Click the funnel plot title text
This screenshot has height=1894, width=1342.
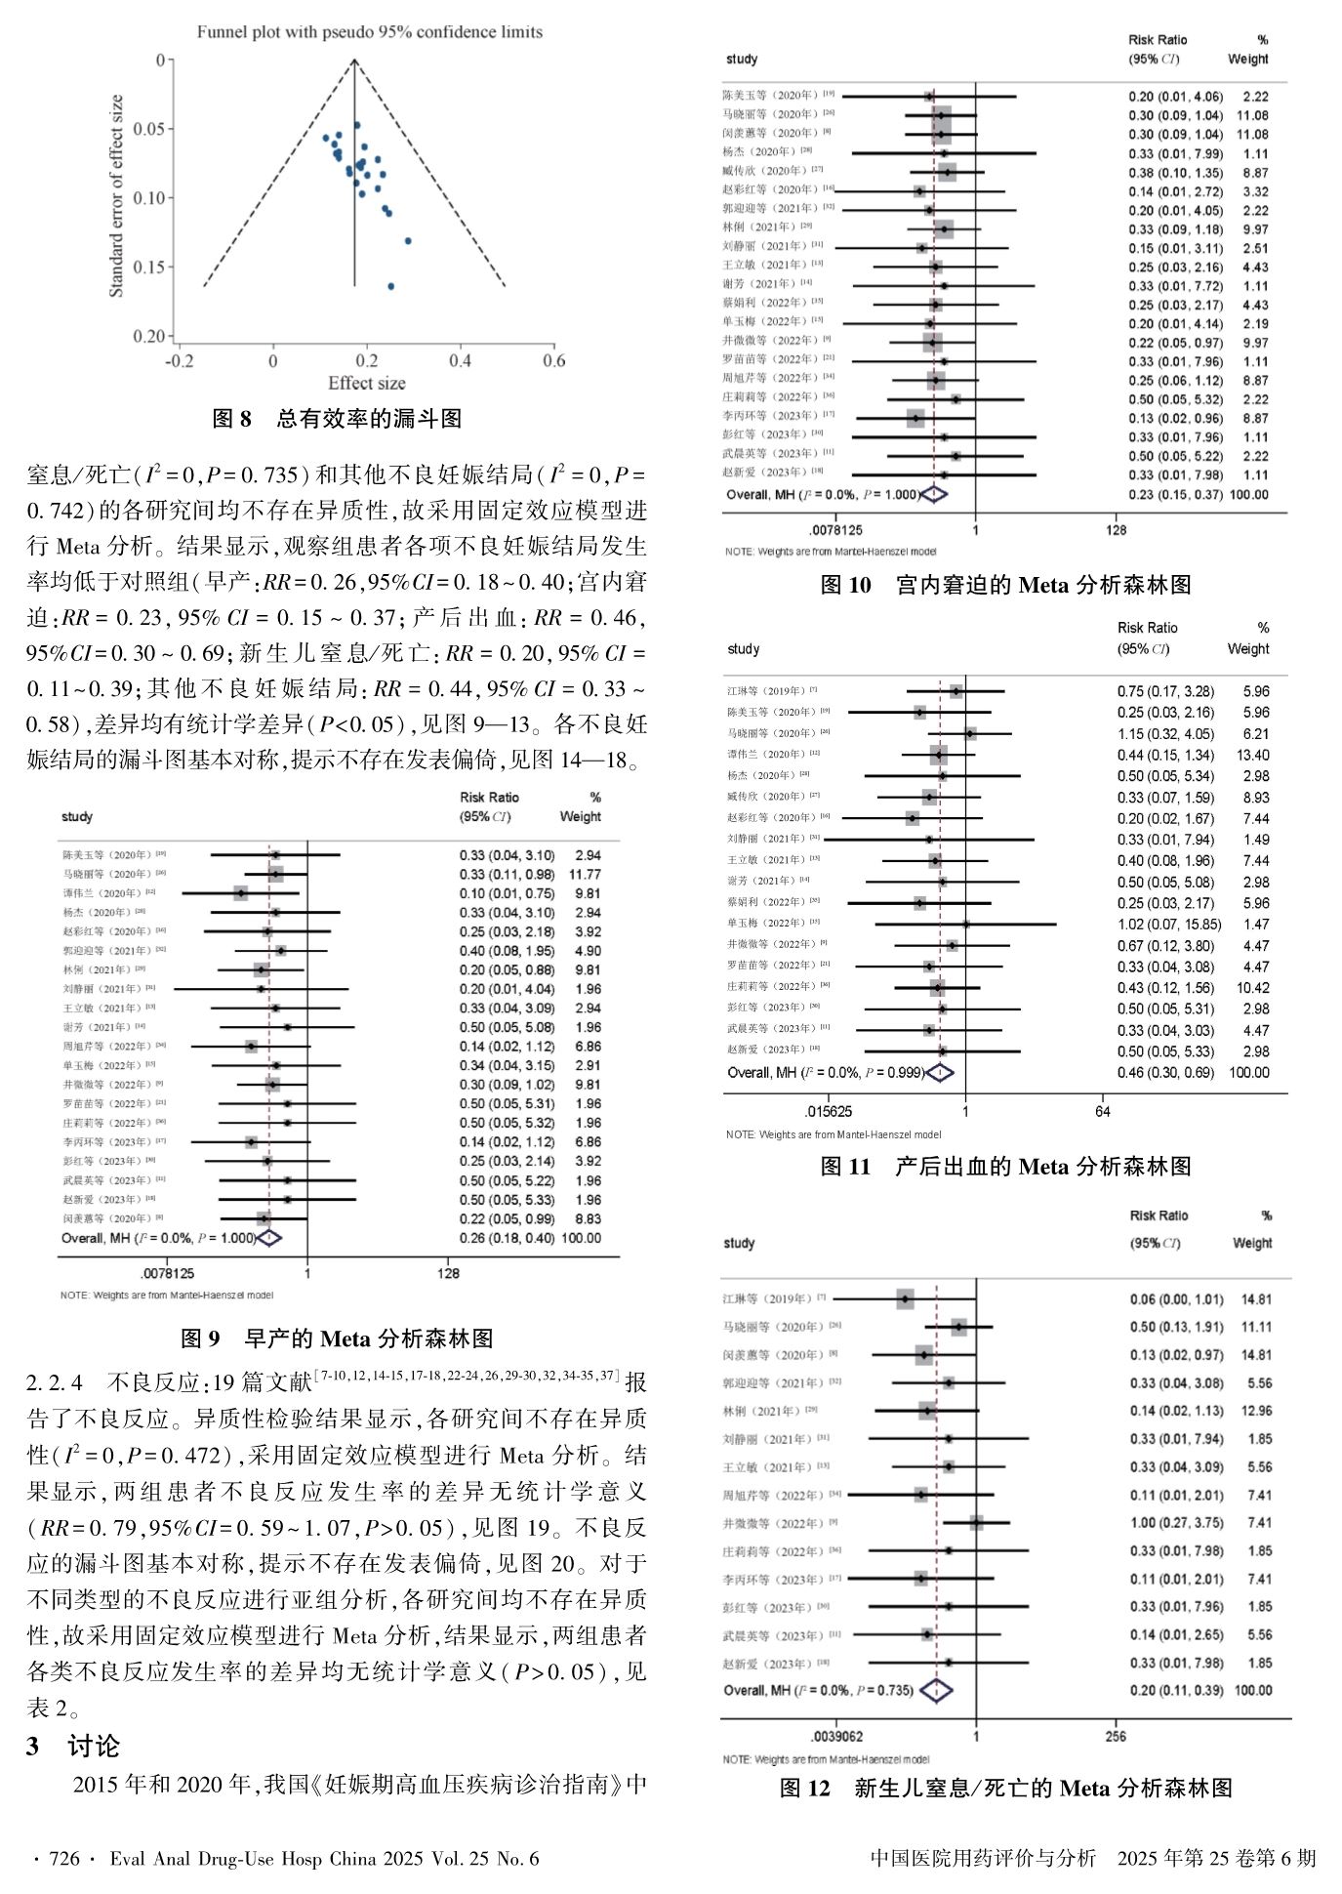369,32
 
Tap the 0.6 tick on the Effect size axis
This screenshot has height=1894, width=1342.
553,361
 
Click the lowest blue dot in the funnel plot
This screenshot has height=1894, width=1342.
391,286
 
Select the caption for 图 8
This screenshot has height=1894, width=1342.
337,420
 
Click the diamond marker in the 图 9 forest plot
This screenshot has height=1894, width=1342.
268,1238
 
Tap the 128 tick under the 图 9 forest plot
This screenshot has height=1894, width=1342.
447,1274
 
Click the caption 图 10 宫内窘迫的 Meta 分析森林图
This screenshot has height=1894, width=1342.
1005,586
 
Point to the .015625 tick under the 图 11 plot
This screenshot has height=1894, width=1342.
828,1111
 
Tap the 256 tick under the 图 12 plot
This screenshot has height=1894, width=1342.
1116,1736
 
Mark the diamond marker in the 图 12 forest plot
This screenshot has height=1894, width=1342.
936,1690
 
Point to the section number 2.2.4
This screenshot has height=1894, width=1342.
55,1382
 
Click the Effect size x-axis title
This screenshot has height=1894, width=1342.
366,384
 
